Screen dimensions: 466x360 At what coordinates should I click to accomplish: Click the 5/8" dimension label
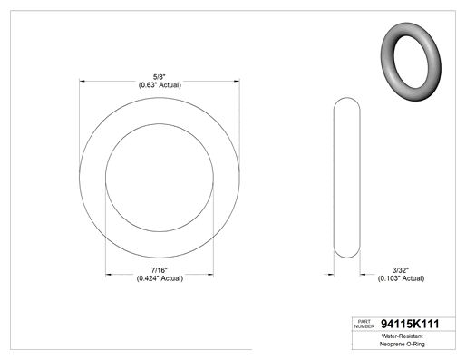pos(160,77)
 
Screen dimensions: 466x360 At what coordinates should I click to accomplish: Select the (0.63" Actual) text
pos(160,85)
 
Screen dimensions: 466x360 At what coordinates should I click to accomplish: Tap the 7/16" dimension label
pos(160,270)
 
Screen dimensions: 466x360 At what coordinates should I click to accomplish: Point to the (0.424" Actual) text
pos(160,278)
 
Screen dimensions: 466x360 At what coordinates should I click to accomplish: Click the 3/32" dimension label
pos(401,270)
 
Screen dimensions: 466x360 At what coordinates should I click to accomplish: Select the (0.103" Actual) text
pos(401,278)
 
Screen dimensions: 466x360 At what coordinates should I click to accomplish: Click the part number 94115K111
pos(410,324)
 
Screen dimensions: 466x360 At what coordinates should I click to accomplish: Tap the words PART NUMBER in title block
pos(364,324)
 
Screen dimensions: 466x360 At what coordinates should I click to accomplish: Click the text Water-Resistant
pos(402,336)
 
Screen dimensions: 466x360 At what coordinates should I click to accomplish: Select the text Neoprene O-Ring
pos(402,344)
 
